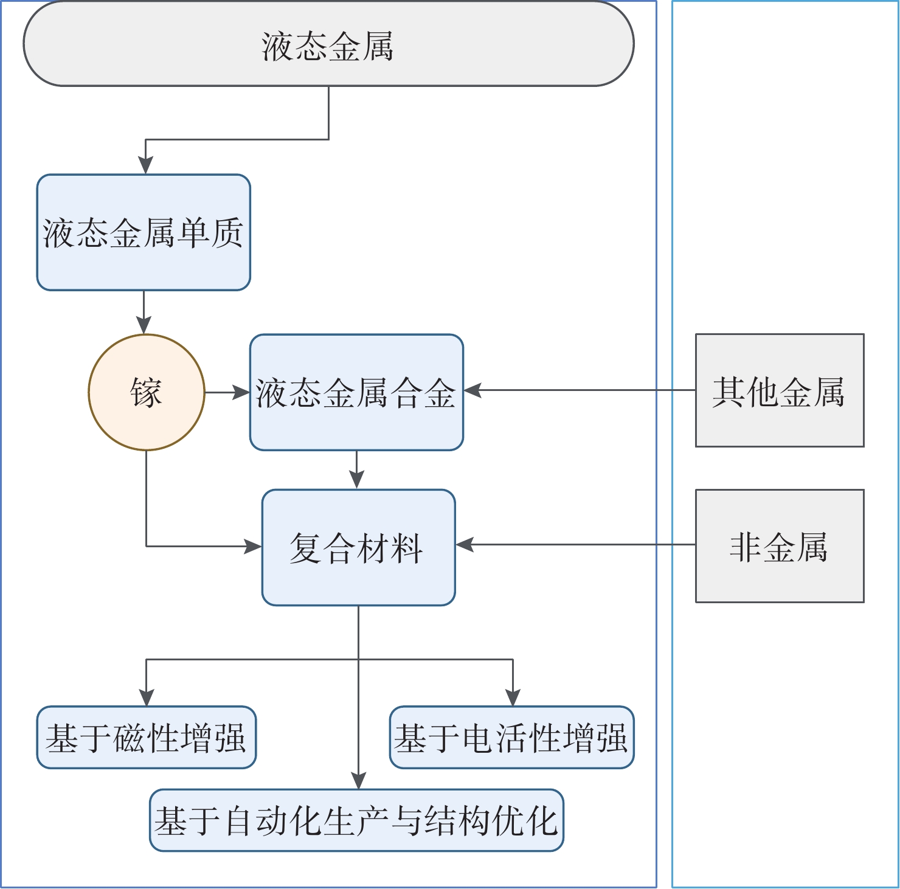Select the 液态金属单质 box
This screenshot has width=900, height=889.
click(144, 232)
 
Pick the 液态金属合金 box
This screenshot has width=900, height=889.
click(356, 392)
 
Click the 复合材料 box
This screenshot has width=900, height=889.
click(358, 547)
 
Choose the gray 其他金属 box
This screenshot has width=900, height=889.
click(780, 390)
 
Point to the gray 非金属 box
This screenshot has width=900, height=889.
click(780, 546)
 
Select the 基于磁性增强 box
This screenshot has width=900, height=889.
click(146, 737)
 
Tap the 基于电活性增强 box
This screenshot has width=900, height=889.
click(511, 737)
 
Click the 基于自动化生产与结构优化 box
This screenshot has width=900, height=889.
click(356, 820)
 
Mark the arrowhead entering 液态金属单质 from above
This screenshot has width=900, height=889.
click(145, 165)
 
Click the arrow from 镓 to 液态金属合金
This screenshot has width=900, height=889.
click(227, 392)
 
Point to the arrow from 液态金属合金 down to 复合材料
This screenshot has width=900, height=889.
click(356, 470)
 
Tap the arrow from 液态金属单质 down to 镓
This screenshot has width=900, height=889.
click(144, 313)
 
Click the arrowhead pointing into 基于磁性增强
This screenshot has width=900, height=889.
click(146, 697)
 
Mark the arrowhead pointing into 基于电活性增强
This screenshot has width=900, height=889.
click(513, 697)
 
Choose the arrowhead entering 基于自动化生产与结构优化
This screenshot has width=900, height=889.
click(359, 781)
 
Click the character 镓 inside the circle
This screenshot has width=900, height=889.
click(147, 392)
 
